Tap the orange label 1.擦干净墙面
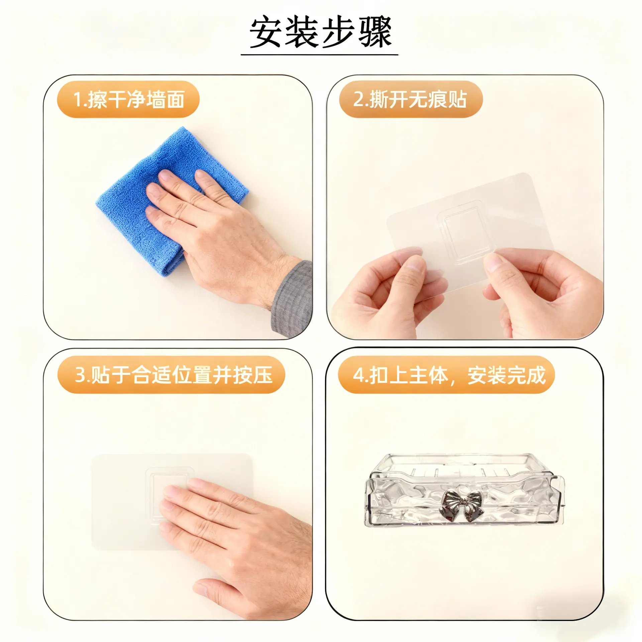[128, 99]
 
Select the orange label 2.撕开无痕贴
[411, 99]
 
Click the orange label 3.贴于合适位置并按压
[171, 374]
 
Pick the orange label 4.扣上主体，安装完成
[446, 374]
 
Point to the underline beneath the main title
[320, 55]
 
